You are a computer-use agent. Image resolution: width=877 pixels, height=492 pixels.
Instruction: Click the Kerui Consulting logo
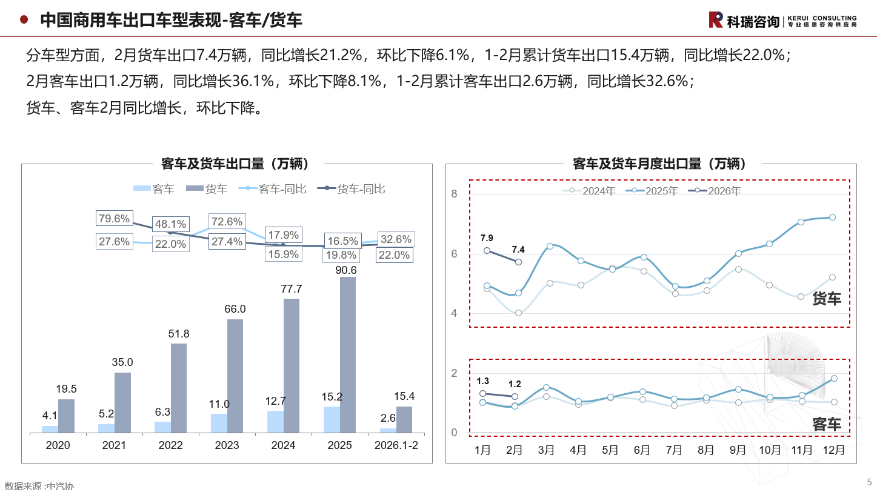pyautogui.click(x=782, y=20)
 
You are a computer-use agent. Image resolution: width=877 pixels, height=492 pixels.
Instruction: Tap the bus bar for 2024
pyautogui.click(x=275, y=422)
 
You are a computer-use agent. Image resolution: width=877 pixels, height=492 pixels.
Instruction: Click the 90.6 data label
pyautogui.click(x=348, y=270)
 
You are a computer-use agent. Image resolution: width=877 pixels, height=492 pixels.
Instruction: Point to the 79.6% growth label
pyautogui.click(x=114, y=219)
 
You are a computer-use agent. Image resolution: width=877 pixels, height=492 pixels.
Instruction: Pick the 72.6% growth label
pyautogui.click(x=226, y=222)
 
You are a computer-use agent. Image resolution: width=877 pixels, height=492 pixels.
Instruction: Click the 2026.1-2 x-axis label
pyautogui.click(x=396, y=445)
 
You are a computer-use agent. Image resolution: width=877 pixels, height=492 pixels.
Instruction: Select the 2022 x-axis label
pyautogui.click(x=170, y=445)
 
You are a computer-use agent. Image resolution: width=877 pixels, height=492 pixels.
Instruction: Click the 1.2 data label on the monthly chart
pyautogui.click(x=515, y=384)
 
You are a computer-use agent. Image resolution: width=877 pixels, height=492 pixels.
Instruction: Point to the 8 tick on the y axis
pyautogui.click(x=453, y=194)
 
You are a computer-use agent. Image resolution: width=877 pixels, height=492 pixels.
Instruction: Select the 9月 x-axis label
pyautogui.click(x=738, y=450)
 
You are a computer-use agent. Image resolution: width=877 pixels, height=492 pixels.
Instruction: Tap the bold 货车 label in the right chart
pyautogui.click(x=827, y=298)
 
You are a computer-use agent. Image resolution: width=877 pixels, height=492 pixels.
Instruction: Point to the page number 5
pyautogui.click(x=869, y=481)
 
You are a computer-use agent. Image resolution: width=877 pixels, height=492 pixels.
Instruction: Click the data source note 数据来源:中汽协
pyautogui.click(x=39, y=486)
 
